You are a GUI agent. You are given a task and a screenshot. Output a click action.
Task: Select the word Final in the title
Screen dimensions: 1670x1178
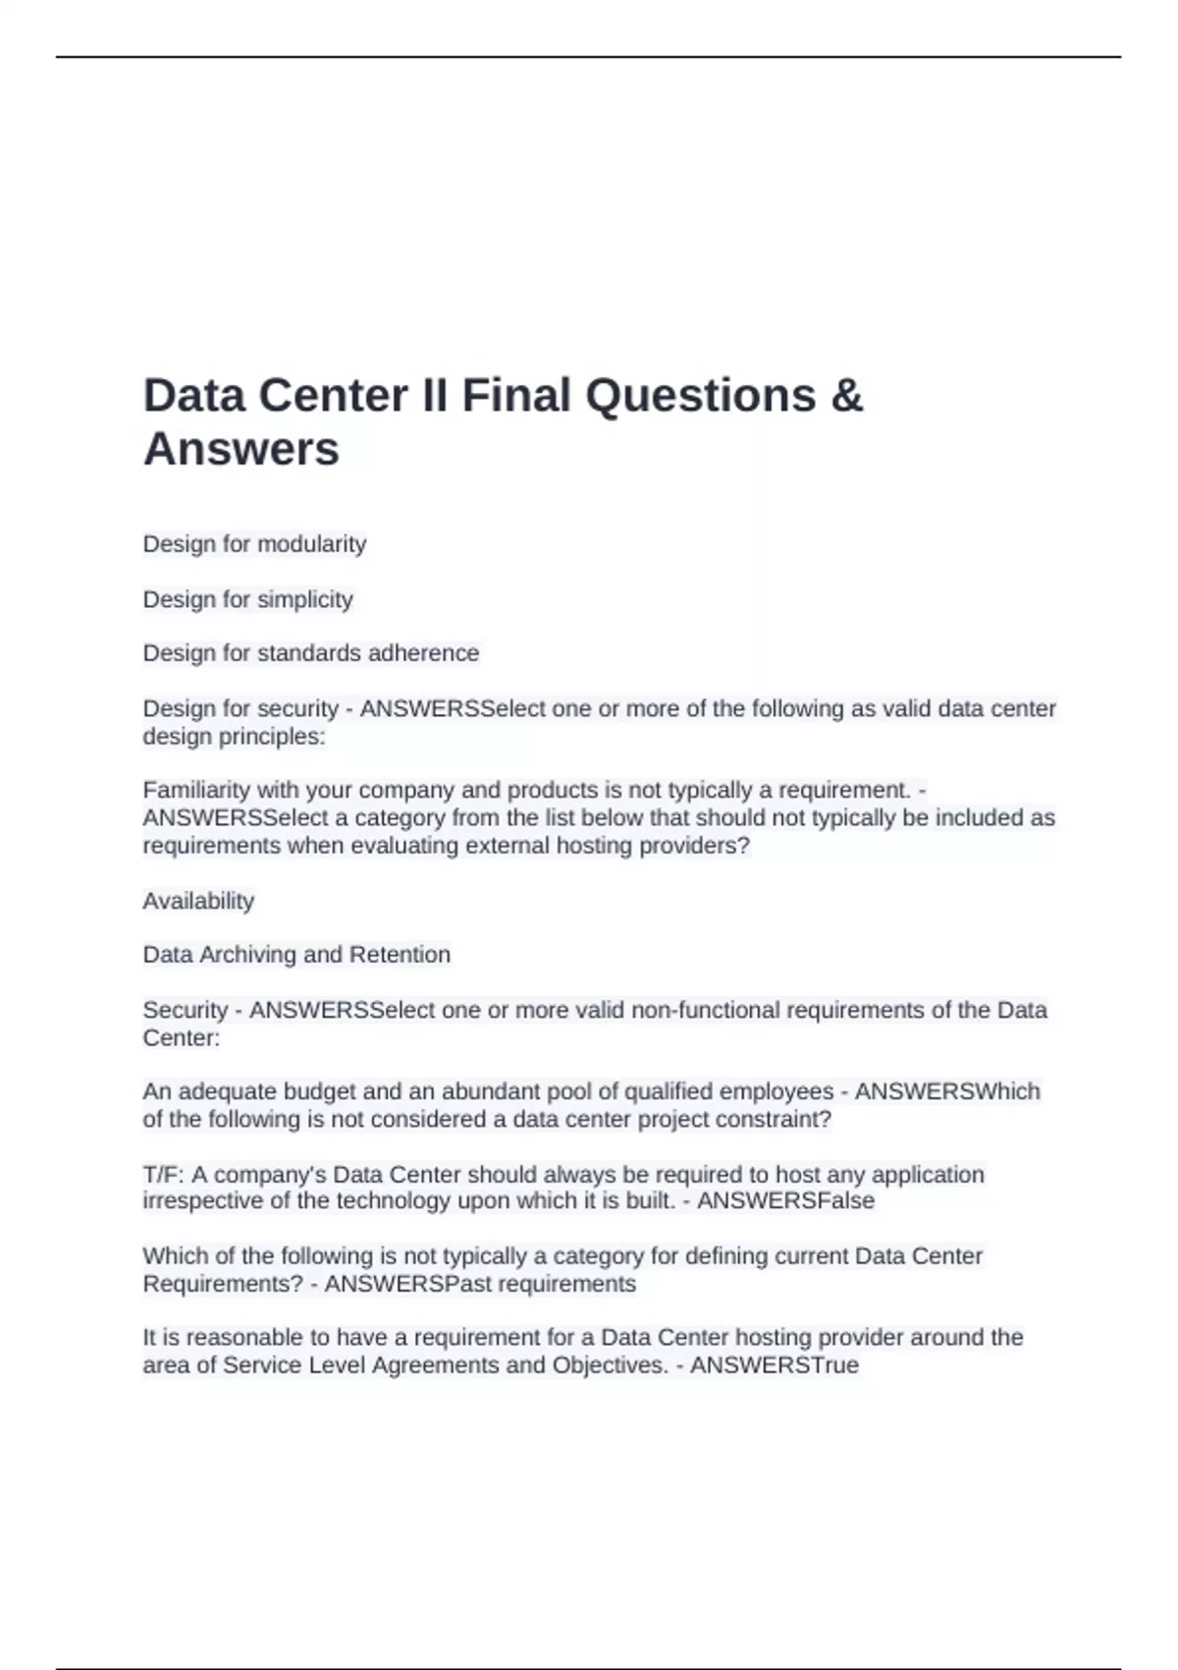[x=516, y=396]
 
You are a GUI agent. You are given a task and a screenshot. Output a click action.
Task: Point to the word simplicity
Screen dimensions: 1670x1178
[x=304, y=599]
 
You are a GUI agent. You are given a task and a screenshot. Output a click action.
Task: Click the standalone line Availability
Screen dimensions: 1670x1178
[x=198, y=901]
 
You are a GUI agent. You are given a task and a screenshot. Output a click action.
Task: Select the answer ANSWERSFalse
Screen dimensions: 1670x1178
[x=785, y=1200]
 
